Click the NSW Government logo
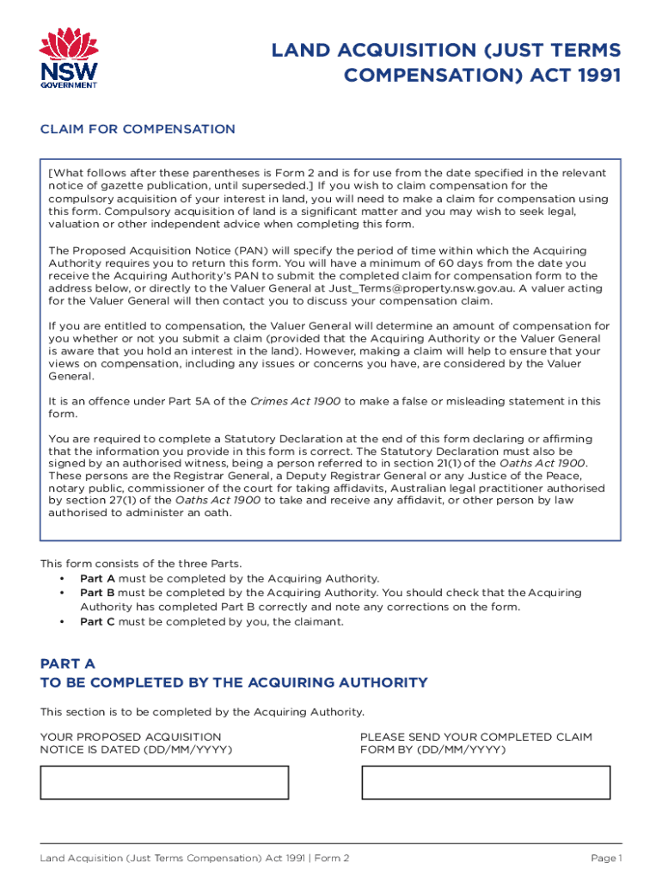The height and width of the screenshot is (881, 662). point(70,58)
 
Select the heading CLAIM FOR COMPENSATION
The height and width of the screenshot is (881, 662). point(138,129)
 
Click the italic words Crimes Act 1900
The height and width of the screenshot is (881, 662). point(295,401)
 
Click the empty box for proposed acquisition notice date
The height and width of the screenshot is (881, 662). point(164,782)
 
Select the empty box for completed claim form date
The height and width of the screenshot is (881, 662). point(486,782)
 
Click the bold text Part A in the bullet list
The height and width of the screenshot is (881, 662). point(97,579)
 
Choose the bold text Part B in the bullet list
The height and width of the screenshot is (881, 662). point(97,593)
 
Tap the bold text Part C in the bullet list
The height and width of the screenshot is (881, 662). point(97,621)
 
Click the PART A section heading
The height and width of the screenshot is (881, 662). point(68,664)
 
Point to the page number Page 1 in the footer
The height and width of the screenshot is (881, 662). point(606,859)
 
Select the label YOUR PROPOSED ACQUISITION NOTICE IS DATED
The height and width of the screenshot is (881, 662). point(136,743)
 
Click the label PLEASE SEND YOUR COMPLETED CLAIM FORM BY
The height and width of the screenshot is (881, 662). point(476,743)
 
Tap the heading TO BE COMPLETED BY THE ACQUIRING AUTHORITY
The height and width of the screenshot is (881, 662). point(234,683)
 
